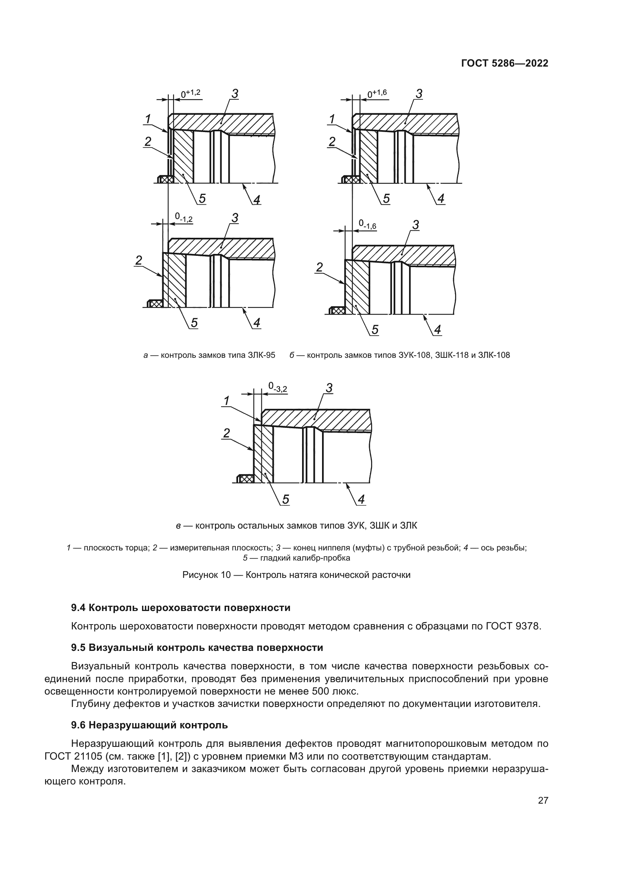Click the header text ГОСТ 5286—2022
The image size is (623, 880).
click(504, 64)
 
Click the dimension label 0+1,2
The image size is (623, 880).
click(191, 93)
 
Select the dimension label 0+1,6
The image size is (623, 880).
click(377, 94)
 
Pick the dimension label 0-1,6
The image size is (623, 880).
click(368, 225)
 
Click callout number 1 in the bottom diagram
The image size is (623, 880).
click(227, 401)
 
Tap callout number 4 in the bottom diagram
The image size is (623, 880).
click(361, 499)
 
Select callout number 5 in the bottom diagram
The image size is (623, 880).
click(286, 499)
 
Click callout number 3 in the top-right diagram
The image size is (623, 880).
click(419, 94)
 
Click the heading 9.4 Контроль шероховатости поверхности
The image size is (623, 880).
click(181, 608)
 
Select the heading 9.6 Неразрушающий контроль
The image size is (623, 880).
click(150, 725)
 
